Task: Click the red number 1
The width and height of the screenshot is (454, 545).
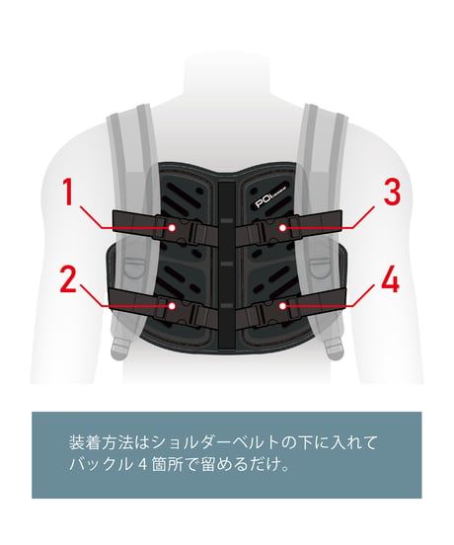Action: tap(68, 192)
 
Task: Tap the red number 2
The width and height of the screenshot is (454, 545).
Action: tap(68, 279)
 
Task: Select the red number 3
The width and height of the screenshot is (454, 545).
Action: tap(392, 192)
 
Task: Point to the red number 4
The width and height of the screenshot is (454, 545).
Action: tap(391, 279)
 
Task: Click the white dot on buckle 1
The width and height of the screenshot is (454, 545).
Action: tap(172, 228)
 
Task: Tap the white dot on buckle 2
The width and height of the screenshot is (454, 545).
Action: tap(172, 306)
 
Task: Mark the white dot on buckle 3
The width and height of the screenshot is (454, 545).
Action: tap(282, 228)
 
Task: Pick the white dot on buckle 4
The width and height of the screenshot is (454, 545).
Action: tap(282, 306)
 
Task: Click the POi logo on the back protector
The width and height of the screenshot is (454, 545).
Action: tap(270, 197)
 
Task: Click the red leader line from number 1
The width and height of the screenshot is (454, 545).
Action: tap(124, 218)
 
